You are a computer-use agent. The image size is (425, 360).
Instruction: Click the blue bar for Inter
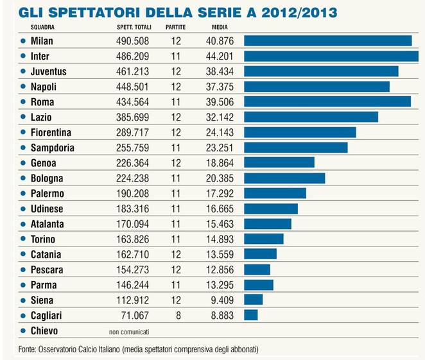click(331, 56)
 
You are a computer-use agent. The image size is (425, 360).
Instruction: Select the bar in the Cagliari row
click(250, 315)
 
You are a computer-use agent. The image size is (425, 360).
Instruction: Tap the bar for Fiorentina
click(300, 132)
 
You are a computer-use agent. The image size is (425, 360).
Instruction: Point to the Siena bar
click(253, 300)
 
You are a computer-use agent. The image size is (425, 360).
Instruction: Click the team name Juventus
click(49, 71)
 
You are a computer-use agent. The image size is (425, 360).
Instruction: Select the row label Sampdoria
click(52, 148)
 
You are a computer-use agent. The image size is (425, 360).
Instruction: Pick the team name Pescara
click(46, 270)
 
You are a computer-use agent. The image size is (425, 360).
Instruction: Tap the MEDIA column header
click(219, 28)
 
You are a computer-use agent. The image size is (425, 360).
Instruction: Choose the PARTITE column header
click(176, 28)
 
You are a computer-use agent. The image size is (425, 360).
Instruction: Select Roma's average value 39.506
click(218, 102)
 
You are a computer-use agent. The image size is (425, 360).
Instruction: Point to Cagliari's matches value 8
click(177, 315)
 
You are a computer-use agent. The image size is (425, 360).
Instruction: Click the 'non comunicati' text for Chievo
click(128, 331)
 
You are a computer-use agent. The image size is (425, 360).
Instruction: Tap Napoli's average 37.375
click(218, 87)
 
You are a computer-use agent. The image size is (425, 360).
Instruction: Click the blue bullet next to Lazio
click(23, 117)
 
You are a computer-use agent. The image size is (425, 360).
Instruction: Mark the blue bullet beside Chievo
click(23, 330)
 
